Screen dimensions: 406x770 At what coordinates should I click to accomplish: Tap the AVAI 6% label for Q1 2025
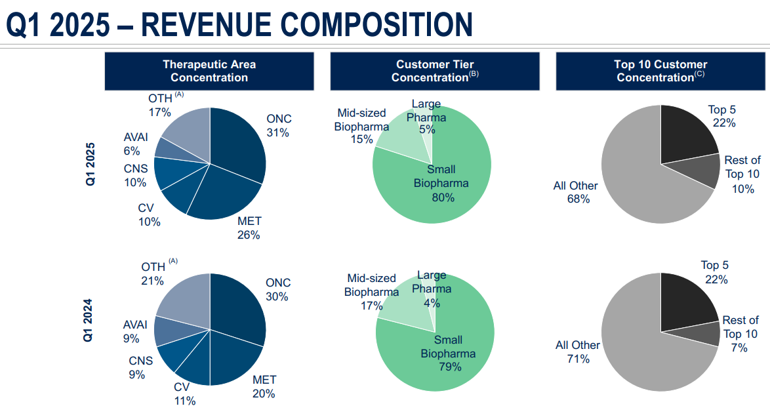136,144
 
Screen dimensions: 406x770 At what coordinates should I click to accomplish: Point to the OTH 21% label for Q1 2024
153,274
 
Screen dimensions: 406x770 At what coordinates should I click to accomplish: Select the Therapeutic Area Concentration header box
209,71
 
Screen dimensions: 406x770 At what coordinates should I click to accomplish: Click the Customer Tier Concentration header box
435,71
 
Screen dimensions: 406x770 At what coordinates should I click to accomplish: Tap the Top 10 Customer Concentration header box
660,71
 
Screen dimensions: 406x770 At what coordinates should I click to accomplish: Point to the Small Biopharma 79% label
449,354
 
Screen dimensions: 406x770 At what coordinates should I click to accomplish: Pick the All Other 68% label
575,192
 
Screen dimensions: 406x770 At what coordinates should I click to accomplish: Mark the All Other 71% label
577,352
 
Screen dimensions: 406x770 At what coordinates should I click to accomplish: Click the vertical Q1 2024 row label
88,320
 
